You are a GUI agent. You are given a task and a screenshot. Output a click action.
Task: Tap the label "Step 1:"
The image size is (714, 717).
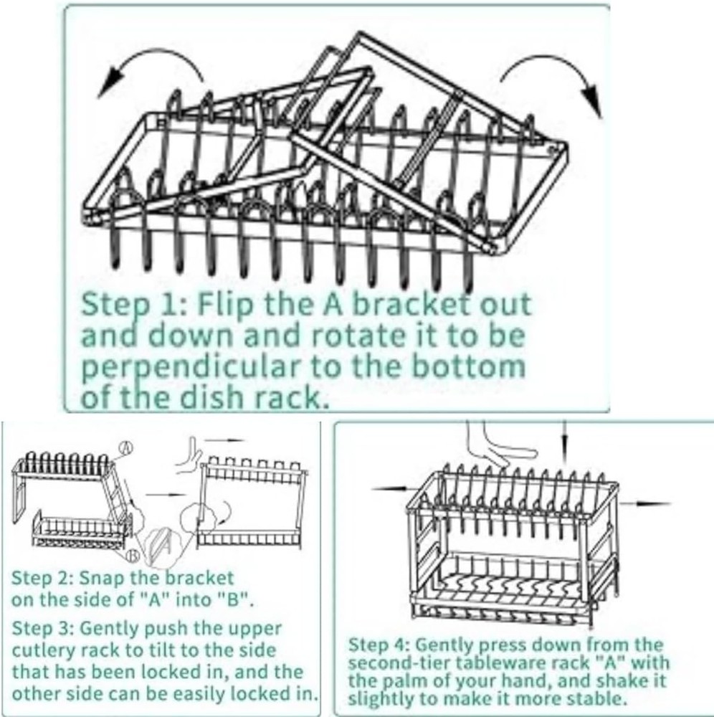[125, 305]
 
